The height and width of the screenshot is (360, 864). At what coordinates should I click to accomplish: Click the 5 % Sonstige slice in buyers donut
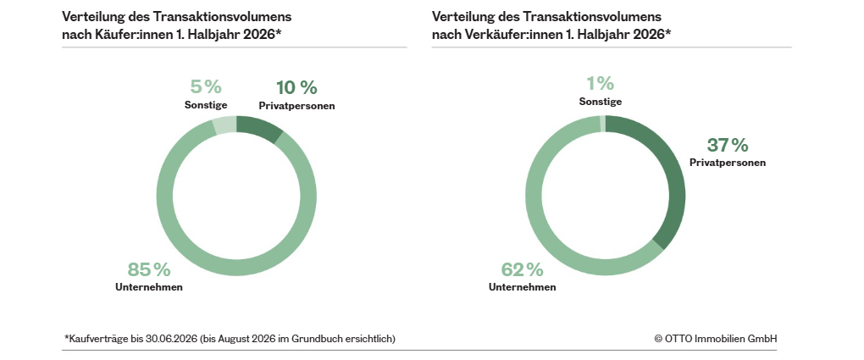click(x=224, y=125)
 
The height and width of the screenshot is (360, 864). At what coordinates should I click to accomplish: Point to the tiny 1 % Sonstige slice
click(x=603, y=124)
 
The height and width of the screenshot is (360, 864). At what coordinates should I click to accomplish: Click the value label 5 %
click(x=206, y=86)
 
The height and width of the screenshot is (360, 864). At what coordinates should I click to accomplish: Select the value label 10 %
click(x=296, y=87)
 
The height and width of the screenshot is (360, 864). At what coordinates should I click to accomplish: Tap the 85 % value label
click(x=149, y=269)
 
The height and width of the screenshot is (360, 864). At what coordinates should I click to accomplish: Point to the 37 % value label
click(x=728, y=145)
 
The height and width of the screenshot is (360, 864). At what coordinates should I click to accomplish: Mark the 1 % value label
click(x=600, y=83)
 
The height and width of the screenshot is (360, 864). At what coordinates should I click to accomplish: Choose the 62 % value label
click(x=523, y=269)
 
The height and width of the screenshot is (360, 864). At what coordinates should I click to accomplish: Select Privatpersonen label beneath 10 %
click(x=296, y=106)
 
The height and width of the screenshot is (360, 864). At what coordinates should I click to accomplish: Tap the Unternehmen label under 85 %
click(x=149, y=287)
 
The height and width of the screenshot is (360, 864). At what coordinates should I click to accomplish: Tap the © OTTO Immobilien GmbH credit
click(x=715, y=339)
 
